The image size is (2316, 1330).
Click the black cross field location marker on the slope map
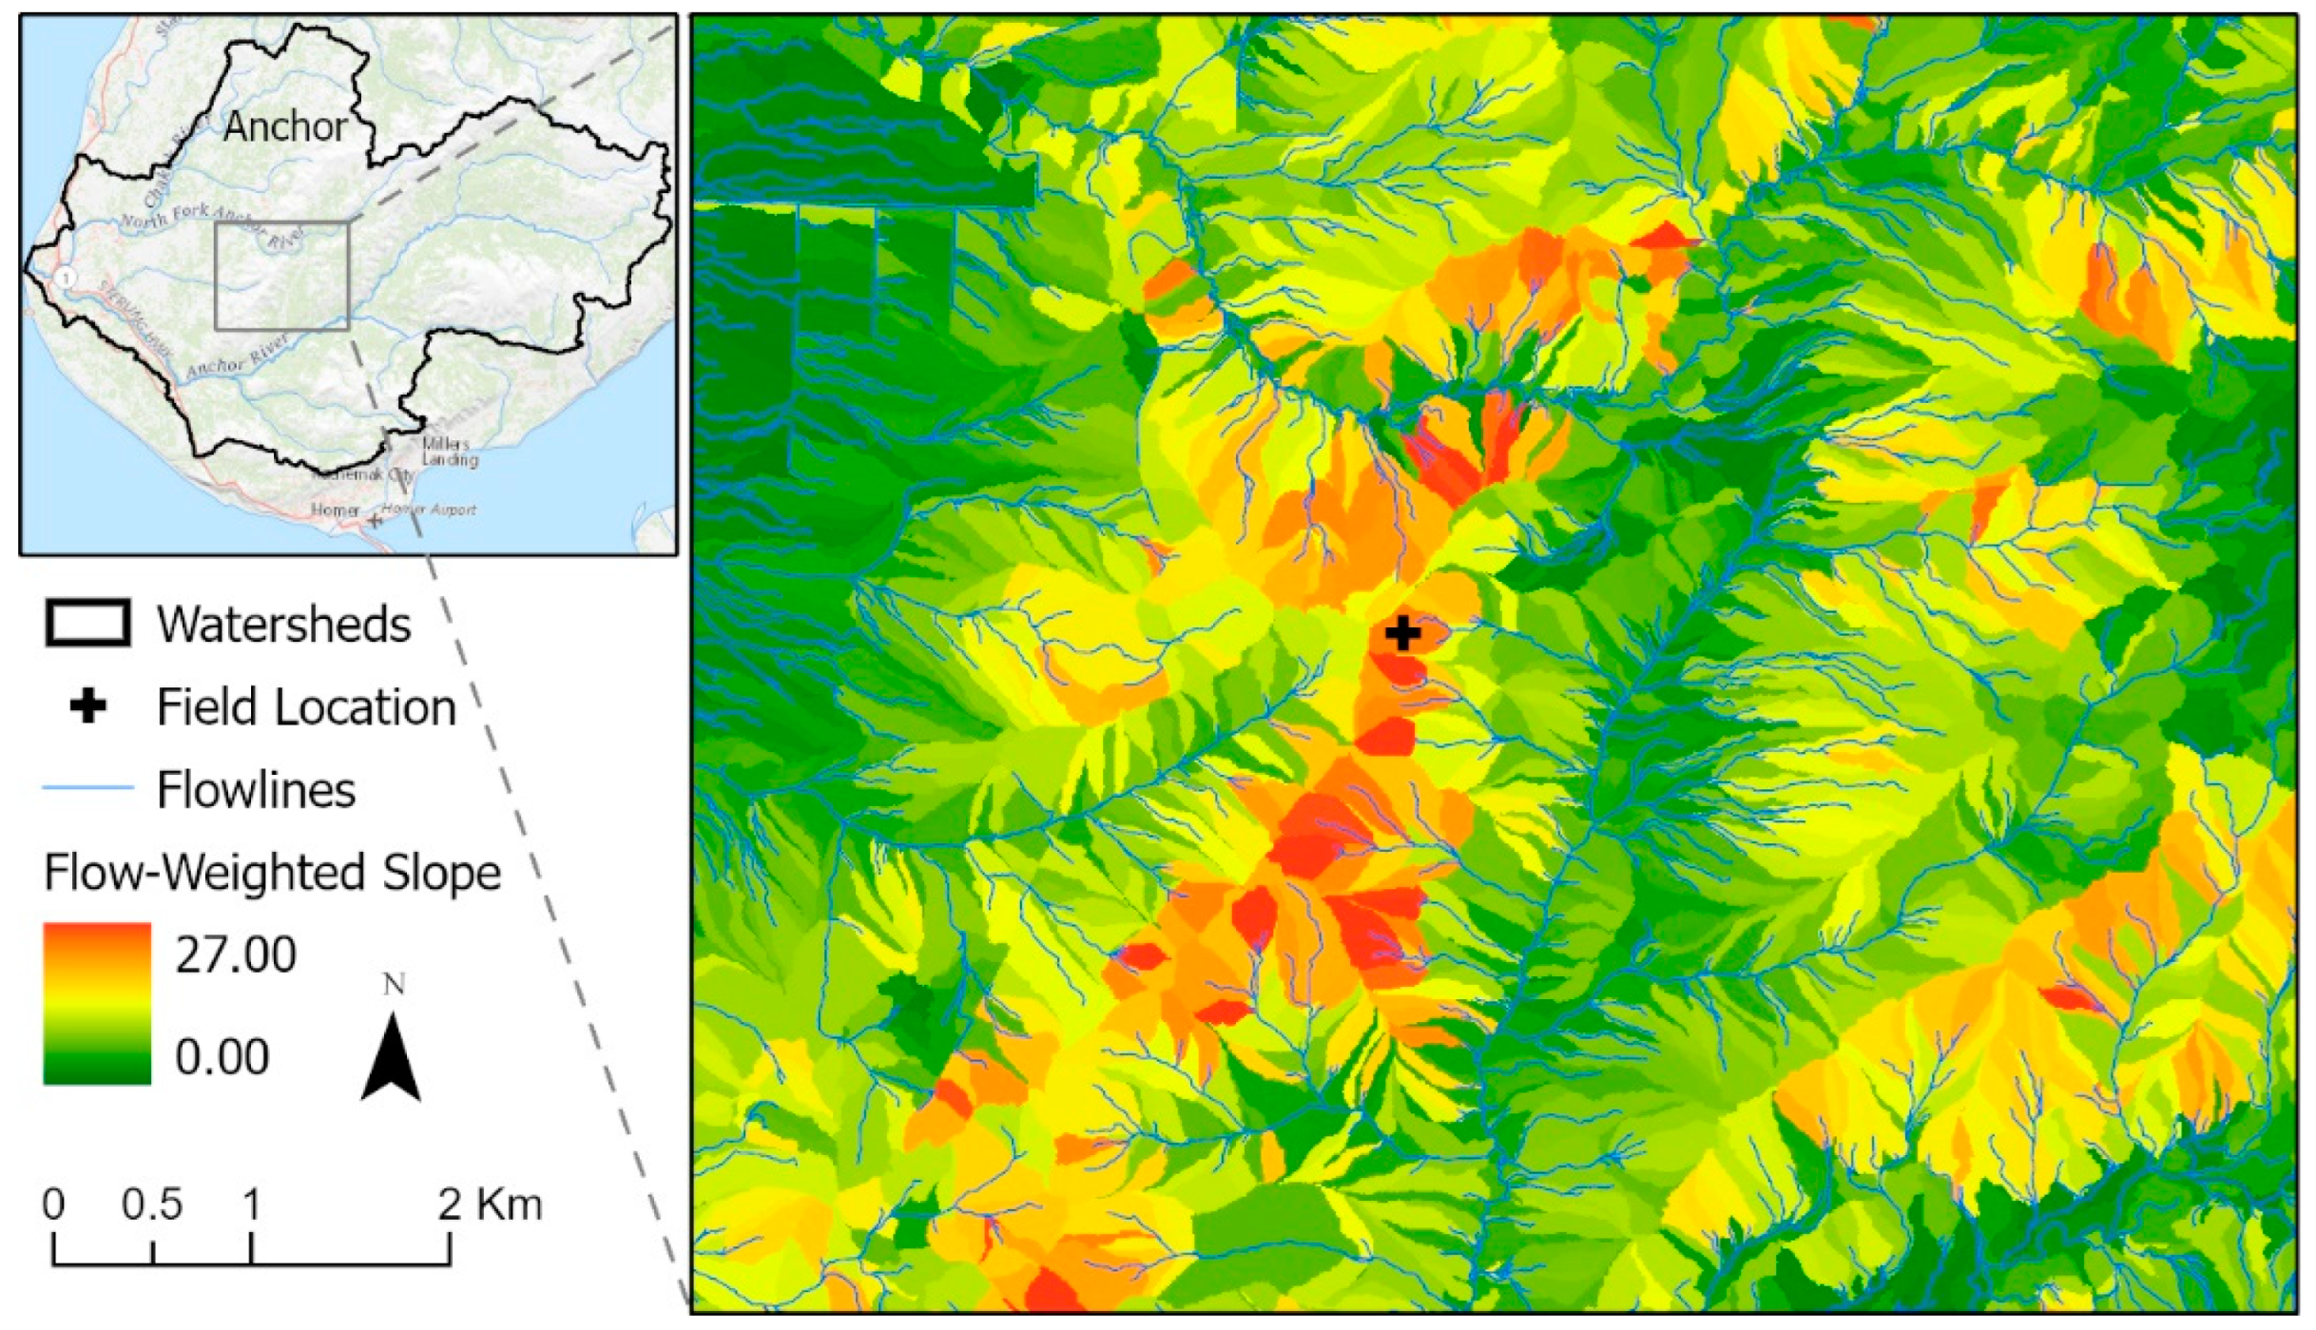(x=1402, y=633)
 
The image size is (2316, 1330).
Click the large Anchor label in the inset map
(x=285, y=126)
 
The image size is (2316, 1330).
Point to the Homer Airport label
(x=429, y=510)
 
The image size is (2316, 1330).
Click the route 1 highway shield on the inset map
(x=66, y=278)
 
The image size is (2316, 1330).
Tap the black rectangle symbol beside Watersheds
(x=87, y=624)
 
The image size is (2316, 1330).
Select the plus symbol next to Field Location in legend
(x=88, y=706)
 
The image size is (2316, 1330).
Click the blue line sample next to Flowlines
(x=87, y=788)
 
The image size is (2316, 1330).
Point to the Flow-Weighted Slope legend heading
(x=272, y=872)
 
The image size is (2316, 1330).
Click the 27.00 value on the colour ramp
(x=235, y=954)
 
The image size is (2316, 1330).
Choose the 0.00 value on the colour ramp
(x=222, y=1056)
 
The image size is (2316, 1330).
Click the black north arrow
(x=391, y=1060)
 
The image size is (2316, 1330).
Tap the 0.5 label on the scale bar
(x=152, y=1205)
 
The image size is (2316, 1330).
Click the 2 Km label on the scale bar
(x=490, y=1205)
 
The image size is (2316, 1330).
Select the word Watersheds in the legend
(x=283, y=625)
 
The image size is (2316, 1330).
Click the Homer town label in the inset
(x=335, y=511)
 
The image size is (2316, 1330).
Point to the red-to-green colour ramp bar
(x=97, y=1003)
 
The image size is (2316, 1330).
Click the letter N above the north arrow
(x=394, y=984)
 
